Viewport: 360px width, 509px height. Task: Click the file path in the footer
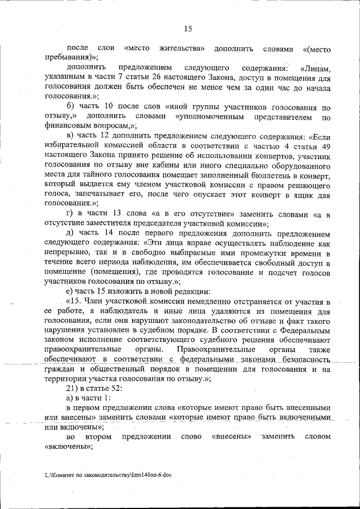[108, 475]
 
